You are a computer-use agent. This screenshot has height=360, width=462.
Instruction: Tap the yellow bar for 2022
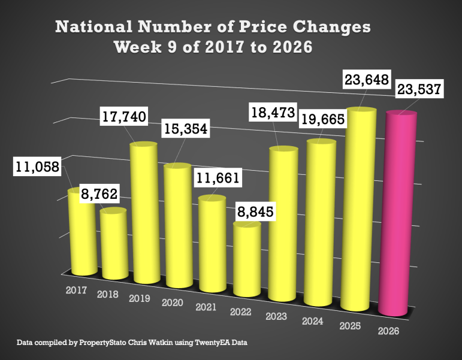point(247,261)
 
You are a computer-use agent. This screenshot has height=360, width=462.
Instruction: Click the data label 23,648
point(366,79)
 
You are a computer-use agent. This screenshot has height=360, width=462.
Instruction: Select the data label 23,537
point(418,90)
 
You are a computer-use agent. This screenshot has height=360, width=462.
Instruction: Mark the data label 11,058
point(37,167)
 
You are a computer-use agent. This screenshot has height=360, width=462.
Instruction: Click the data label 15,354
point(185,131)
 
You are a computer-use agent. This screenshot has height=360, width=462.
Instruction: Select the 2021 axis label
point(206,307)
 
